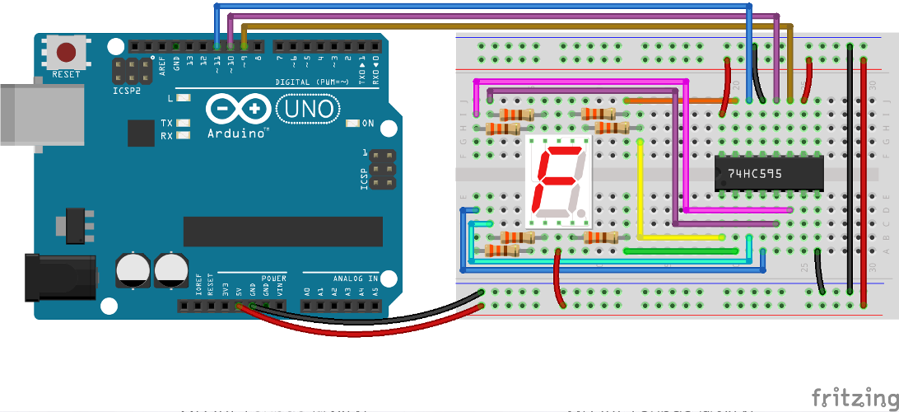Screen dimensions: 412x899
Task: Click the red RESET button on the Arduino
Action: [66, 54]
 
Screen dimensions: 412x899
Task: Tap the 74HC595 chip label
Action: [755, 174]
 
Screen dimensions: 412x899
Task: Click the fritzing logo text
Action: [854, 397]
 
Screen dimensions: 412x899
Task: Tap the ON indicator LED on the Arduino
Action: [353, 124]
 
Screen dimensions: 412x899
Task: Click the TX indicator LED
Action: [183, 123]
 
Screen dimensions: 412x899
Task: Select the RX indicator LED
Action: [183, 135]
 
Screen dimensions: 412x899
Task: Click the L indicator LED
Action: [183, 98]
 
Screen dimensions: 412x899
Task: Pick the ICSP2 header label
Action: [127, 91]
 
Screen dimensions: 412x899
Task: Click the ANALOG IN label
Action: [355, 279]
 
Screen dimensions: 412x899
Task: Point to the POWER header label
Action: [274, 279]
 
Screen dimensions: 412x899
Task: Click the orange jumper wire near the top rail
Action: [675, 101]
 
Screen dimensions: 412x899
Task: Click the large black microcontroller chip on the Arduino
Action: [282, 232]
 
